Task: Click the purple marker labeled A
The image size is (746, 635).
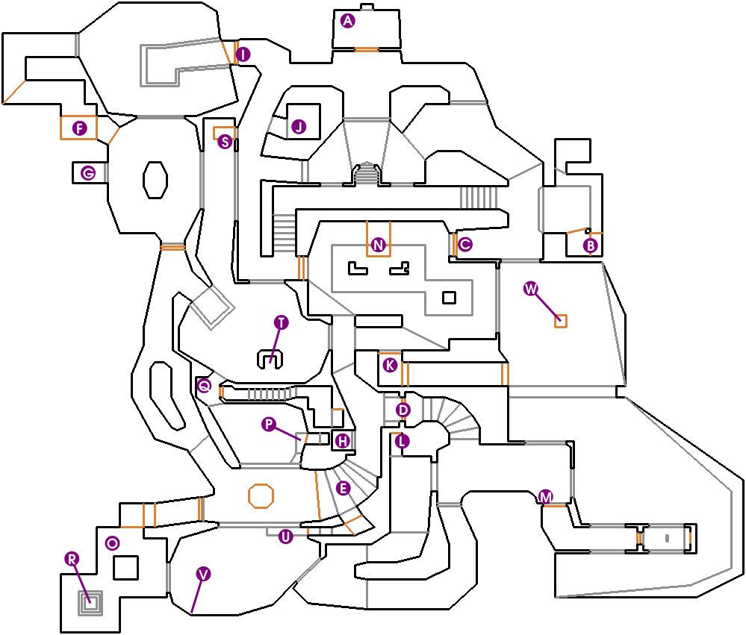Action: (x=346, y=21)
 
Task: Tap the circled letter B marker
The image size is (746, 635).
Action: (x=591, y=245)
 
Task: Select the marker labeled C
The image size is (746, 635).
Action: (x=465, y=244)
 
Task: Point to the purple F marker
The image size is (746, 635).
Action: (x=79, y=128)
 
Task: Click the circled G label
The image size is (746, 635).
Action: (x=88, y=174)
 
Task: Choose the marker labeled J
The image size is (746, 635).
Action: (x=299, y=127)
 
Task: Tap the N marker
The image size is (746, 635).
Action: (x=378, y=245)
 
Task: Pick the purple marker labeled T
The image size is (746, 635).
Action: (x=281, y=322)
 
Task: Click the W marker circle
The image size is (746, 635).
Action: (x=531, y=289)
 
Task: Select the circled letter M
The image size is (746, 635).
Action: (x=546, y=496)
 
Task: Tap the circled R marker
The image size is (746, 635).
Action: (x=72, y=558)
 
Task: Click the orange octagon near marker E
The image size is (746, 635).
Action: (x=261, y=495)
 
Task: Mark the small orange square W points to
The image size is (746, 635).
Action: (x=560, y=321)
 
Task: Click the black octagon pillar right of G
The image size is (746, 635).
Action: (x=155, y=180)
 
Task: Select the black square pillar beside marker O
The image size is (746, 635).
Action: (x=124, y=568)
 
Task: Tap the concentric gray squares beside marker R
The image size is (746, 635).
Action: (x=92, y=601)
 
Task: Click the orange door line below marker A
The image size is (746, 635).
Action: (x=366, y=50)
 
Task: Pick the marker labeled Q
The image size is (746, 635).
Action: (x=204, y=386)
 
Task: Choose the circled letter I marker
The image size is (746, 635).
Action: (x=242, y=54)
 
